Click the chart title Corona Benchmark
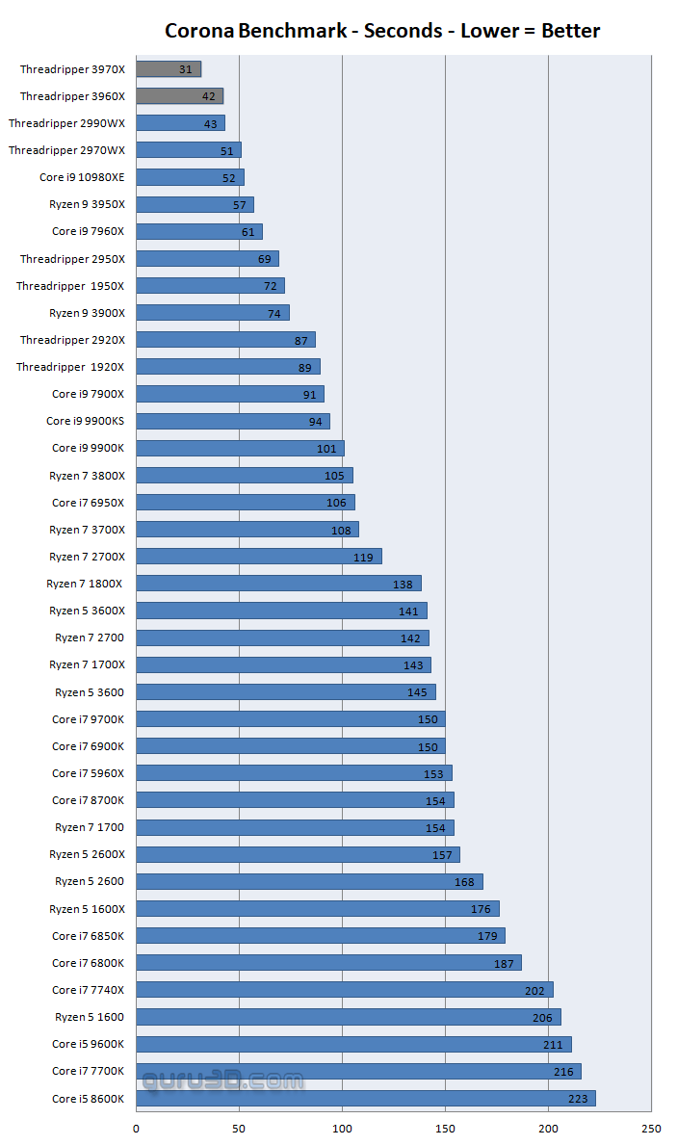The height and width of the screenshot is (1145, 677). [382, 31]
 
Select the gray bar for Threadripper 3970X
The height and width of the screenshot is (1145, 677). [169, 69]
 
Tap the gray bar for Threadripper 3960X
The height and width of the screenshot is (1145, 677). [179, 96]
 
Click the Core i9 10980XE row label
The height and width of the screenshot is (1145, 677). [82, 177]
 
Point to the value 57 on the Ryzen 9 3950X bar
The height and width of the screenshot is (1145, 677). [239, 205]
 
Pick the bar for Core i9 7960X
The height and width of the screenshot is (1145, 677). [198, 232]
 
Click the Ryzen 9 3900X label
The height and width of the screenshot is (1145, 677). [87, 313]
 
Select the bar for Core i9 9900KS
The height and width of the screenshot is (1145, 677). [232, 421]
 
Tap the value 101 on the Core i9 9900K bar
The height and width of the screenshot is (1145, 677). [326, 449]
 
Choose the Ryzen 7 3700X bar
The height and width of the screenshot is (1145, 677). [247, 530]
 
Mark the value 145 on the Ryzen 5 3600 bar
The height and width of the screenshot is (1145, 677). [417, 692]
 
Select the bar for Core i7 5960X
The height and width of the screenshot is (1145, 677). [294, 773]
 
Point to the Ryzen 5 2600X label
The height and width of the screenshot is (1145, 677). [87, 854]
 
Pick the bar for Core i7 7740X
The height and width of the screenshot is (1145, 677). [344, 990]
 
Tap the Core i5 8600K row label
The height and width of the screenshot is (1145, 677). [88, 1098]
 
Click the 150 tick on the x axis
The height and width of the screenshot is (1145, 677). [445, 1129]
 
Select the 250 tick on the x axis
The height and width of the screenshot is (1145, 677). [651, 1129]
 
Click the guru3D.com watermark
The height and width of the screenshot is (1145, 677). [221, 1081]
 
